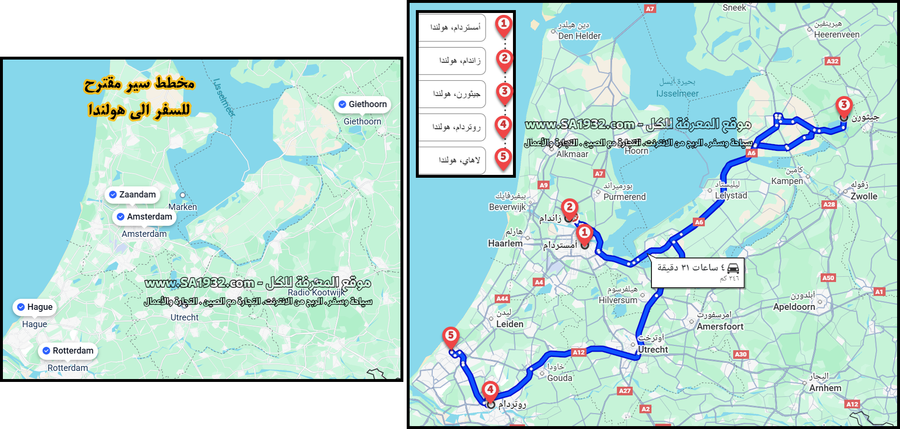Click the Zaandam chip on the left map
132,195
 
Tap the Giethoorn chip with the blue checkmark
362,104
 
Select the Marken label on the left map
183,207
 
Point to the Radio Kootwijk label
316,293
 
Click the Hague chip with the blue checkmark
35,307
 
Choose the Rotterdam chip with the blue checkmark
68,351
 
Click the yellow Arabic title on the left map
139,97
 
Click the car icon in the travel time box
733,268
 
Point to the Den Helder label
579,36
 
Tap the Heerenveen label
837,35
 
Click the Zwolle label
864,196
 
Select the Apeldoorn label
794,307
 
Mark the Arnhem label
825,388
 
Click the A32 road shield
832,61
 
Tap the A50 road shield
828,278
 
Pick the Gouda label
560,378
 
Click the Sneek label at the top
734,8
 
